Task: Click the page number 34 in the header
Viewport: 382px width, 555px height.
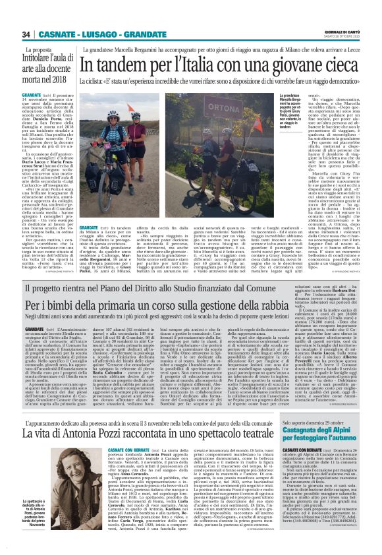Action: pos(27,34)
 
